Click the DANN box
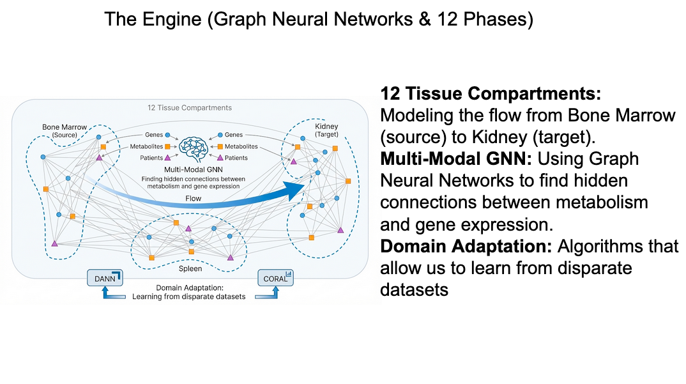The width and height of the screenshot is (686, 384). tap(104, 279)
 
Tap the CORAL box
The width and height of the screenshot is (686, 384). tap(275, 279)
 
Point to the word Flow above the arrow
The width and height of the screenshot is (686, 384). tap(192, 199)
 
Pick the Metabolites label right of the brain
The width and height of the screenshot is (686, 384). tap(241, 146)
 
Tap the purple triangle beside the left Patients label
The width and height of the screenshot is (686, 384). tap(167, 157)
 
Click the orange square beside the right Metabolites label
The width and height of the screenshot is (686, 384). tap(220, 146)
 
